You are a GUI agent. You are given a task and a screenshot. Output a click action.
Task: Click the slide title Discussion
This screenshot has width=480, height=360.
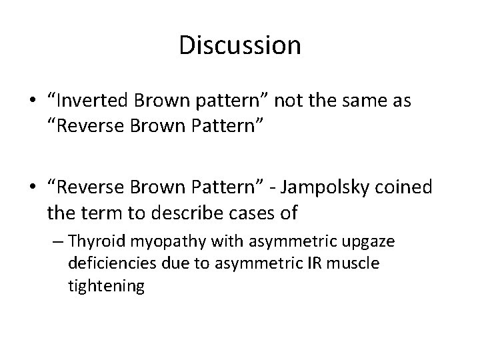point(240,45)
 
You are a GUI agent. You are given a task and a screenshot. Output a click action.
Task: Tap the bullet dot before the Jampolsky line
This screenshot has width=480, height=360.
point(31,189)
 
